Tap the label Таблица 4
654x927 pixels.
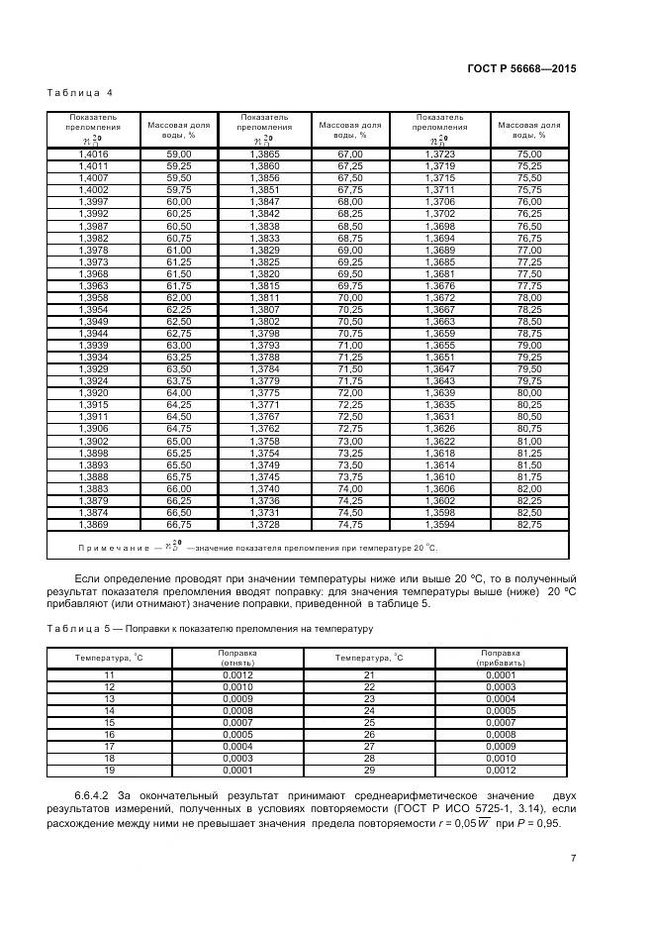(x=80, y=93)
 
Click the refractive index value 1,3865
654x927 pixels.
(x=264, y=154)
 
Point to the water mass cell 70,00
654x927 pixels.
(x=350, y=297)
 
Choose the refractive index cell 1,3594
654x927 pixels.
(x=440, y=524)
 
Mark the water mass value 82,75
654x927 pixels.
(x=529, y=524)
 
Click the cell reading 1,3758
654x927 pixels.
(x=264, y=440)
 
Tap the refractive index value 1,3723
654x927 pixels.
(x=440, y=154)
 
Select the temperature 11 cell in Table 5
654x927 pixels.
(x=110, y=674)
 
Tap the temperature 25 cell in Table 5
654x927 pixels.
(x=369, y=722)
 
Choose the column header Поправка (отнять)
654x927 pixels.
(x=237, y=658)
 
